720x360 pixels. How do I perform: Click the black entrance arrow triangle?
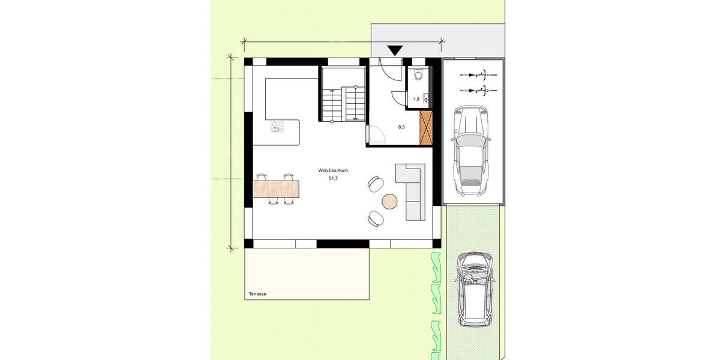click(395, 51)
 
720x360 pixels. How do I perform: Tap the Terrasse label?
click(257, 294)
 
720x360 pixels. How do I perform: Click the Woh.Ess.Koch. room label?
click(334, 171)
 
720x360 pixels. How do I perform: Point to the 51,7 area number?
click(334, 178)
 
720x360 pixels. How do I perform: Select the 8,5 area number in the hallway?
click(402, 127)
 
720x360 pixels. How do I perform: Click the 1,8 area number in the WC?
click(416, 99)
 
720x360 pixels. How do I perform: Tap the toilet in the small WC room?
click(418, 75)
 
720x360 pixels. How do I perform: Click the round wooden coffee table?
click(391, 201)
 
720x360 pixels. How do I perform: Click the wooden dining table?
click(276, 189)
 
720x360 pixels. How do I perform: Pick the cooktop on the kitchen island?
click(277, 127)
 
